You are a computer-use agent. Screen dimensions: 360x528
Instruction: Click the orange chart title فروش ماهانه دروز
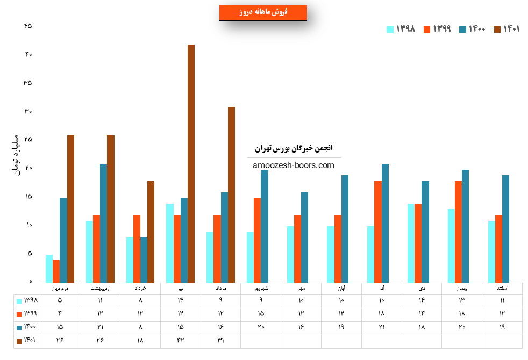click(263, 12)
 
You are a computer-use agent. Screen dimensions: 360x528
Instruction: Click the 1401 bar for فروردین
click(70, 209)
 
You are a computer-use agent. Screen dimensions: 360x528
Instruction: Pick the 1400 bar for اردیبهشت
click(103, 223)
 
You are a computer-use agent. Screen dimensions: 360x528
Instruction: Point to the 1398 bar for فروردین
click(49, 268)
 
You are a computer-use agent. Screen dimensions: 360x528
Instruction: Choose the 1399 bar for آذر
click(378, 232)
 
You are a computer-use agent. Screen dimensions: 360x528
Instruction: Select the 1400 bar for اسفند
click(505, 228)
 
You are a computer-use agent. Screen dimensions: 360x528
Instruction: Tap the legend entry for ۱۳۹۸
click(401, 29)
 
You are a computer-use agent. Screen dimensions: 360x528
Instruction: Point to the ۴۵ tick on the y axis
click(28, 26)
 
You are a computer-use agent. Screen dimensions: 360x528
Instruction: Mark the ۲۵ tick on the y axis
click(28, 140)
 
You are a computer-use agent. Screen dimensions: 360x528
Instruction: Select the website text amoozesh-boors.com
click(294, 165)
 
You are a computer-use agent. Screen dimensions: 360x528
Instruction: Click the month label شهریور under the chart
click(261, 289)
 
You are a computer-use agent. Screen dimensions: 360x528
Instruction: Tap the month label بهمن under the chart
click(461, 289)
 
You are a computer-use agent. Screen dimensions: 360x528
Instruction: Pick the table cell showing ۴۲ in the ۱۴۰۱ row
click(181, 341)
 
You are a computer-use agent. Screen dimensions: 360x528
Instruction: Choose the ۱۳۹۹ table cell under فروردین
click(60, 314)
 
